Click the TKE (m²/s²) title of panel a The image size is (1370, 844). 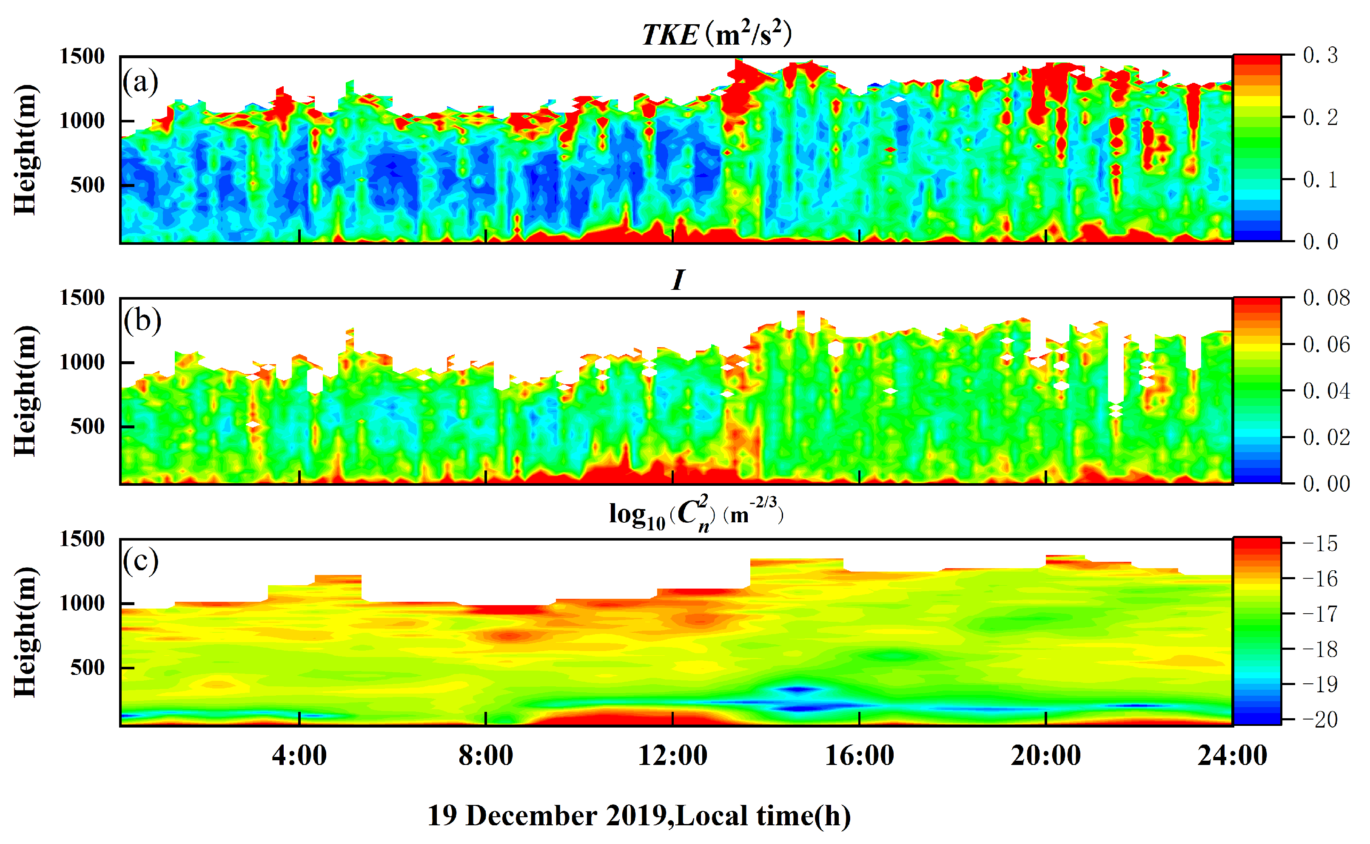click(x=717, y=34)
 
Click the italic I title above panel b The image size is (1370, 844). click(x=678, y=280)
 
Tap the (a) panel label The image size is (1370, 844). click(x=141, y=82)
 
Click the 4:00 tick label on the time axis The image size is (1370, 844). click(x=299, y=756)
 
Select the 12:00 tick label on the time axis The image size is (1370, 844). click(x=672, y=756)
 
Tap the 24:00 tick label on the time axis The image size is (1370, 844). click(x=1232, y=756)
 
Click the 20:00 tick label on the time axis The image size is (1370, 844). click(x=1045, y=756)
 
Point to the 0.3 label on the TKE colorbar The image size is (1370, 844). click(x=1320, y=55)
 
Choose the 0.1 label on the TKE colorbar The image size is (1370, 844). click(x=1320, y=180)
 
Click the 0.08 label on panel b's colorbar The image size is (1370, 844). click(x=1327, y=297)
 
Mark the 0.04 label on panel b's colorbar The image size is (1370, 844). click(x=1327, y=391)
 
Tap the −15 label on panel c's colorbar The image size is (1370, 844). click(x=1320, y=543)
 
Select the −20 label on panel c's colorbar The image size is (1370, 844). click(x=1320, y=719)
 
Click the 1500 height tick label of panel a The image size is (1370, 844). click(x=82, y=57)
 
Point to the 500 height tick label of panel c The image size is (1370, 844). click(x=88, y=668)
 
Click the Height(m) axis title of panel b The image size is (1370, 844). click(x=26, y=391)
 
